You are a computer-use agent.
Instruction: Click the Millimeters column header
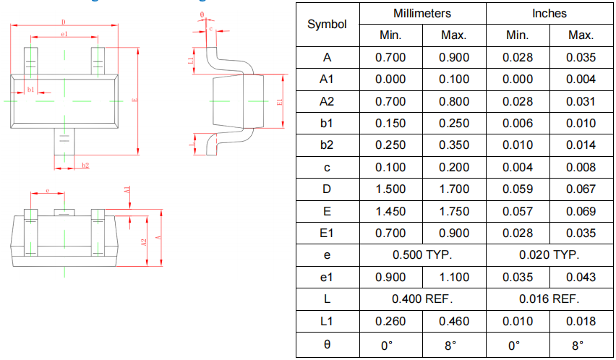pos(422,13)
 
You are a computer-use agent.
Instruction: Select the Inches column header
pos(549,13)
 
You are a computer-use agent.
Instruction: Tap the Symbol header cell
pos(327,24)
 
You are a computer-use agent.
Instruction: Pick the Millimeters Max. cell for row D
pos(454,189)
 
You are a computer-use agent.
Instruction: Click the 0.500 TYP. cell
pos(422,254)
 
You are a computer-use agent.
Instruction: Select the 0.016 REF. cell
pos(549,299)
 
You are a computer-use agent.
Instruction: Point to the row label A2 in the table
pos(327,101)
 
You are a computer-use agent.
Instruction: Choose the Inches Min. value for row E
pos(518,211)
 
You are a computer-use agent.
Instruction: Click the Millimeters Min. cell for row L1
pos(390,321)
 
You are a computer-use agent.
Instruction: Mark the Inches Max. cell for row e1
pos(581,277)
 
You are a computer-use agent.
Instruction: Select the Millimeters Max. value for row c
pos(454,167)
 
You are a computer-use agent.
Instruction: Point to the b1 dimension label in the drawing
pos(30,89)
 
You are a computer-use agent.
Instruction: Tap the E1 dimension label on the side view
pos(280,102)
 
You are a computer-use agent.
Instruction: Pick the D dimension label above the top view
pos(64,22)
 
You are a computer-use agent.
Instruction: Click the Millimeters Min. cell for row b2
pos(390,145)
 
